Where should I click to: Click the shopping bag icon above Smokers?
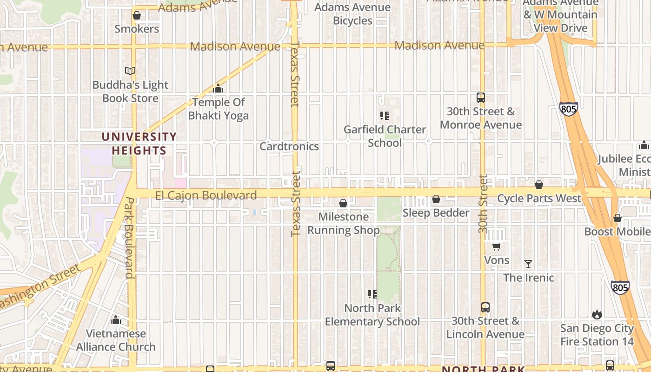tap(137, 16)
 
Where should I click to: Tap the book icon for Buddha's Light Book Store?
tap(130, 71)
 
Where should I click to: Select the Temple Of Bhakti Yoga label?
tap(219, 109)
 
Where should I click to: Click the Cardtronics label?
tap(289, 146)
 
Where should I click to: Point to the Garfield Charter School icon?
tap(384, 115)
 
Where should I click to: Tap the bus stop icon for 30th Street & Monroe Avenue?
tap(481, 98)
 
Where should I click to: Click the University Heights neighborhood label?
tap(139, 144)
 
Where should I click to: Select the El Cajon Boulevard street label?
tap(206, 195)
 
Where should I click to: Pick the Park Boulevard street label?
tap(129, 238)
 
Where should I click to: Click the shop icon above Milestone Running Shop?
tap(343, 203)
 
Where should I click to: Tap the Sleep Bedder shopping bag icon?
tap(436, 199)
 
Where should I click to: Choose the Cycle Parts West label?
tap(539, 199)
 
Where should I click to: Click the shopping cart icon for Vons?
tap(496, 246)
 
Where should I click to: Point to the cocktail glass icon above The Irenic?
tap(528, 264)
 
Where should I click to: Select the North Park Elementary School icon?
tap(372, 294)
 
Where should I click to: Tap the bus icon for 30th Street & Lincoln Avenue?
tap(485, 307)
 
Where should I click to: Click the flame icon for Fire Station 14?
tap(597, 315)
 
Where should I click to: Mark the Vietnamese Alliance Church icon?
tap(116, 320)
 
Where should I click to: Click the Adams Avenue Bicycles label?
tap(352, 14)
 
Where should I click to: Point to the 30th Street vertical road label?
tap(483, 204)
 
